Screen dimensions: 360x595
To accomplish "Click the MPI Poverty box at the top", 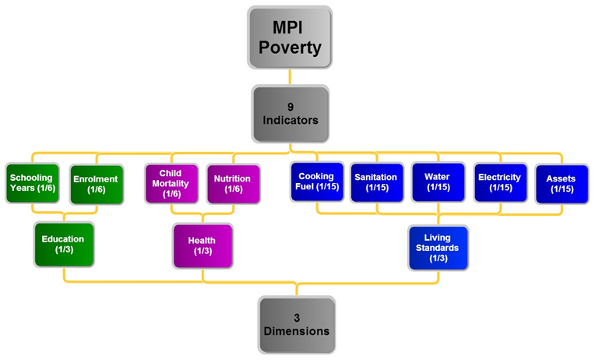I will point(290,38).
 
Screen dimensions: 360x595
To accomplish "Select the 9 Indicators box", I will point(290,115).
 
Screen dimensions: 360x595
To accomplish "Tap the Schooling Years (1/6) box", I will point(31,183).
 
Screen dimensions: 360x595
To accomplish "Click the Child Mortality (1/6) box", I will point(171,183).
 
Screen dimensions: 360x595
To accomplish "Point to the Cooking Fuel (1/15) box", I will point(316,182).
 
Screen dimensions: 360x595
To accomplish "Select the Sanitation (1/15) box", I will point(376,182).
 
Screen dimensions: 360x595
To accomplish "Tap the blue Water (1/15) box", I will point(437,182).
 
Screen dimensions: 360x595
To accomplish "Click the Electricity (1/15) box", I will point(499,182).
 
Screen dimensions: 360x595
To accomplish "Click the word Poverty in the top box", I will point(290,48).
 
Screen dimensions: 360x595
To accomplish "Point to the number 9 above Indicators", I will point(290,107).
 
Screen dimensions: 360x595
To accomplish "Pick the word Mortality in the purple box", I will point(171,183).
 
